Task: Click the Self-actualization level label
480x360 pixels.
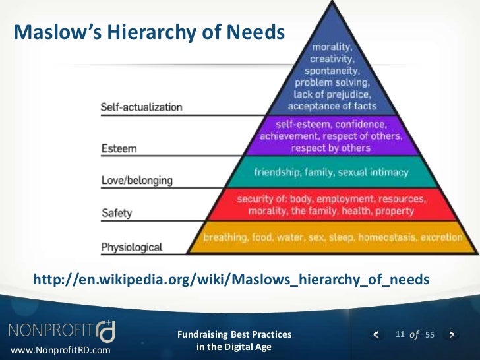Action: (x=141, y=107)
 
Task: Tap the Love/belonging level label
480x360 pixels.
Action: (x=136, y=180)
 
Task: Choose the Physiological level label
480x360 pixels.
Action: (x=131, y=247)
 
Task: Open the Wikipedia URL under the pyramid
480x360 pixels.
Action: (x=231, y=280)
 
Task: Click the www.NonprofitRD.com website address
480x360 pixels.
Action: (x=61, y=349)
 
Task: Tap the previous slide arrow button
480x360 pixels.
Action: (x=376, y=334)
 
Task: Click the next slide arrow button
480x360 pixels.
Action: (x=452, y=334)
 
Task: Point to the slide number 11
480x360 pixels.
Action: (x=400, y=334)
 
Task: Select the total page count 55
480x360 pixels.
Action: (x=430, y=335)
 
